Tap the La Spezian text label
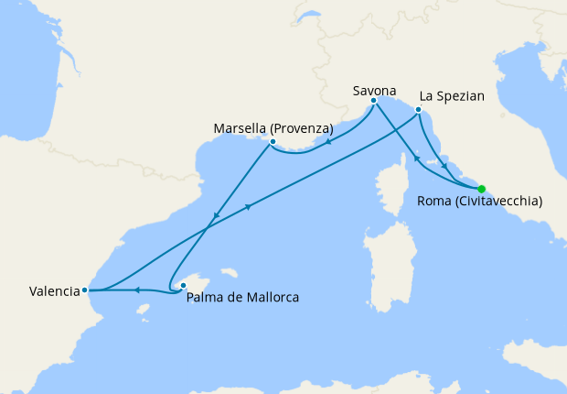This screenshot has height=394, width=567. tap(452, 94)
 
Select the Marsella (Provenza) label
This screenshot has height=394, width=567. tap(273, 127)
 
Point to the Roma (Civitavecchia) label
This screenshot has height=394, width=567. tap(478, 201)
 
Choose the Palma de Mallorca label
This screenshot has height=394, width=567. tap(242, 297)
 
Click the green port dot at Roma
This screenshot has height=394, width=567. tap(482, 189)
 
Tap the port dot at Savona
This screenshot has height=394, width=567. tap(374, 101)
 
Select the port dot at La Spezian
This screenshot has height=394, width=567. tap(418, 110)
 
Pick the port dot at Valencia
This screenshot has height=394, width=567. tap(85, 290)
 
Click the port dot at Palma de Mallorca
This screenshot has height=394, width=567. tap(183, 285)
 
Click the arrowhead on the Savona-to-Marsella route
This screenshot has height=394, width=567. tap(328, 143)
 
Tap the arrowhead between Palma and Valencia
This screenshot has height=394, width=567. tap(136, 290)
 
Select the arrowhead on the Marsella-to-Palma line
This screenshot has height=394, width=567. tap(216, 217)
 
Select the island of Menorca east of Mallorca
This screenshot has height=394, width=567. tap(229, 273)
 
